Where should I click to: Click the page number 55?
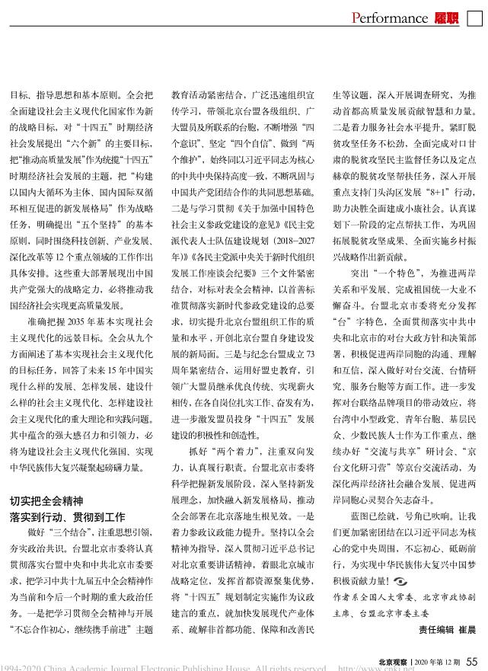(x=472, y=660)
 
